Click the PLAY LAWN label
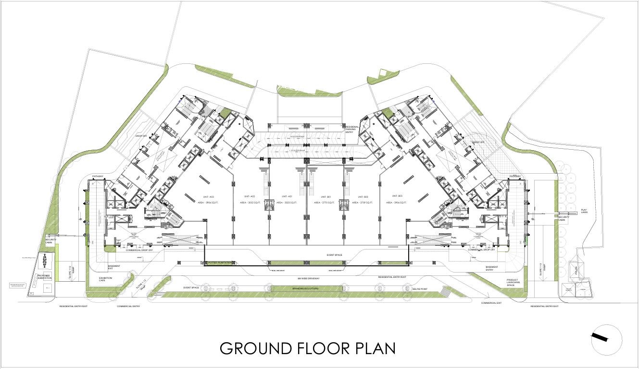coord(584,211)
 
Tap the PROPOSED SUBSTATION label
coord(44,277)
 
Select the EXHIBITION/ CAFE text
coord(105,279)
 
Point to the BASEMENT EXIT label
coord(114,267)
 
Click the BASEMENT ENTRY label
coord(491,268)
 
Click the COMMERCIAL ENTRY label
coord(129,306)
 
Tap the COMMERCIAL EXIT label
coord(491,303)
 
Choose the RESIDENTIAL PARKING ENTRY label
coord(352,129)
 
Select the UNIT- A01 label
coord(287,197)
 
